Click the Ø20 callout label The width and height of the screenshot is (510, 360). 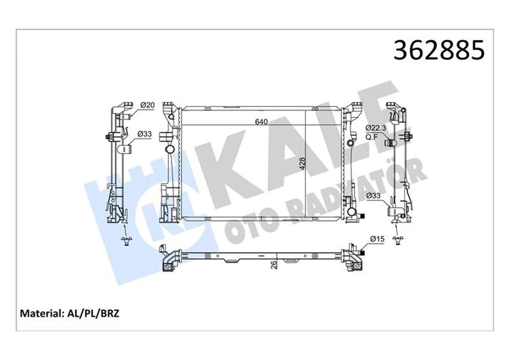click(147, 105)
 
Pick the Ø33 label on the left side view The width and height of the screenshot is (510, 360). click(145, 134)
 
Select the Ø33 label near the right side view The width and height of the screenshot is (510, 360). click(374, 195)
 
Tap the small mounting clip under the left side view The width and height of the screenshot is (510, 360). click(126, 240)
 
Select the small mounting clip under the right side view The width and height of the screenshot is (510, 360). click(399, 240)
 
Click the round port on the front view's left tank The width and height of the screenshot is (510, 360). click(170, 150)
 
